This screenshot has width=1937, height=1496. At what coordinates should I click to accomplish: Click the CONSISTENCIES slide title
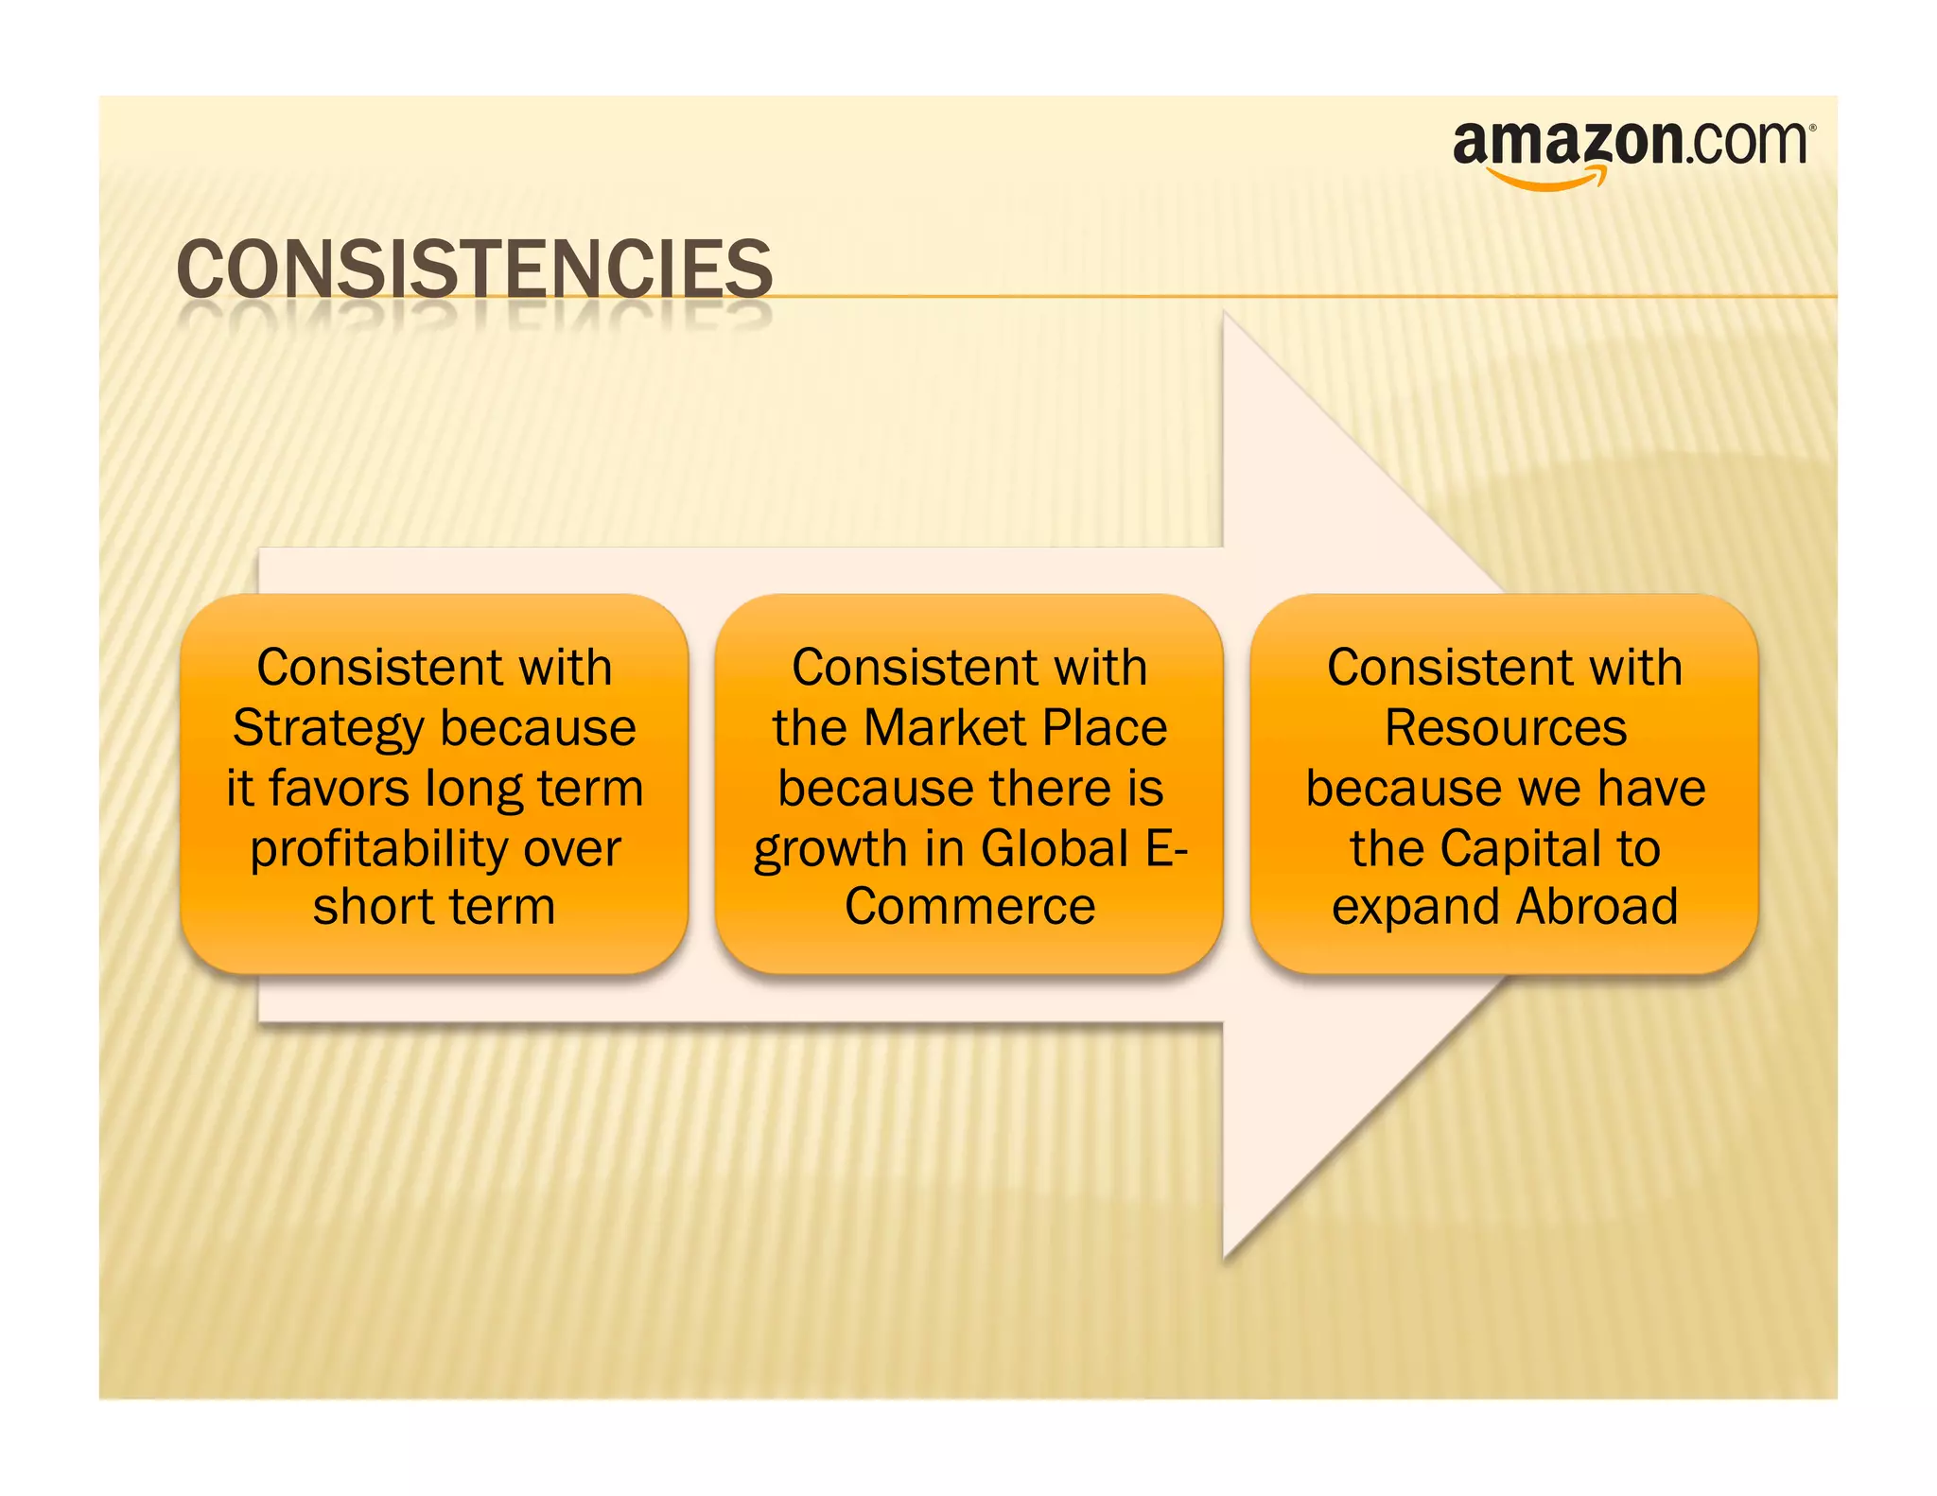474,270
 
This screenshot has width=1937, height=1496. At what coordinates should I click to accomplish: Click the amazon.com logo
1632,147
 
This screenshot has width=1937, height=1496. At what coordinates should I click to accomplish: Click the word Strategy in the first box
328,729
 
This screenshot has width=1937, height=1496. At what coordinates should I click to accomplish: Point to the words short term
434,907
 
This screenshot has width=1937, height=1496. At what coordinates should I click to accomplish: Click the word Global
1055,848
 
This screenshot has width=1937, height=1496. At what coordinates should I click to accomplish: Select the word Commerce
969,907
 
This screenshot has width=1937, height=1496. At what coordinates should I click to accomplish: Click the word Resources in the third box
1505,728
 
